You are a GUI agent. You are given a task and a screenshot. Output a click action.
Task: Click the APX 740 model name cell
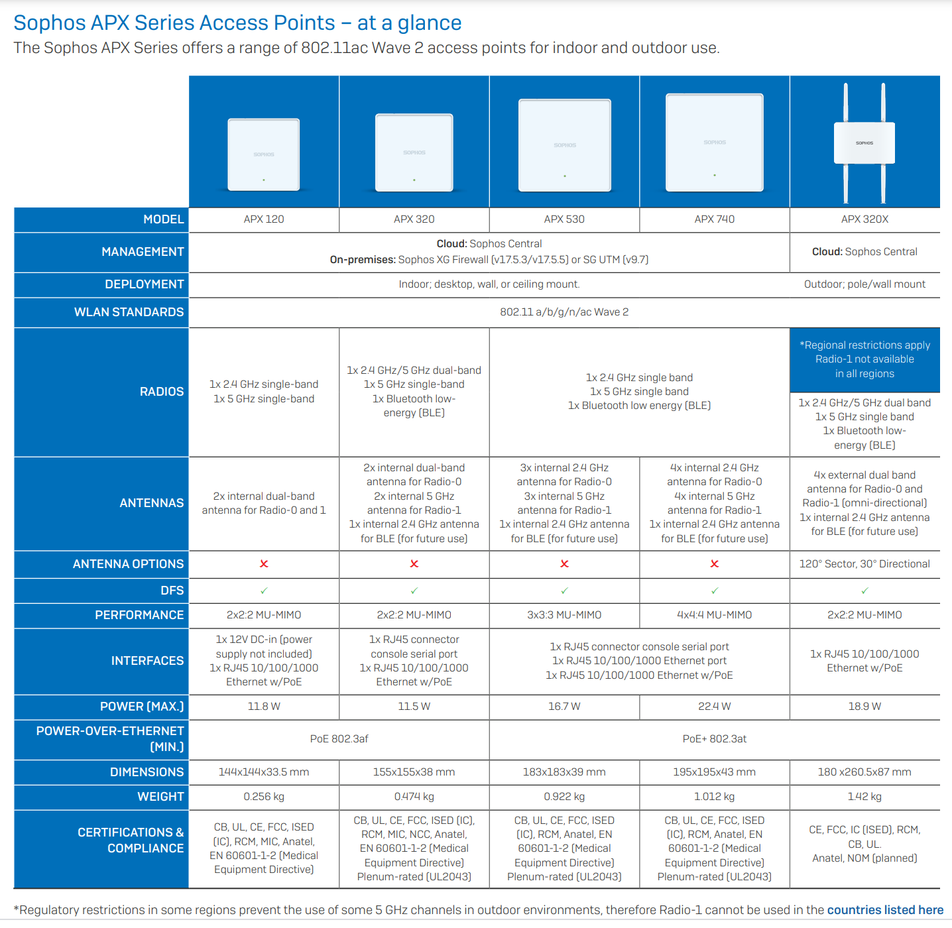point(714,219)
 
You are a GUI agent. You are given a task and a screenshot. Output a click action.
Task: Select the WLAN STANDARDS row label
point(129,312)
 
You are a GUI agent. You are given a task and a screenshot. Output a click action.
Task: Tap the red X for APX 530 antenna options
point(564,563)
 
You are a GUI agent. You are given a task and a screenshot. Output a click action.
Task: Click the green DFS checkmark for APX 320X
point(864,591)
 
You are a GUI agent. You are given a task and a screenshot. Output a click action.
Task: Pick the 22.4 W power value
point(714,707)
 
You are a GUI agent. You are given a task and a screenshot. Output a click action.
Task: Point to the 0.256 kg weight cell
point(264,796)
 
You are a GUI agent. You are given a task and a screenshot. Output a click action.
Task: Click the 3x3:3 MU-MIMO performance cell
point(564,615)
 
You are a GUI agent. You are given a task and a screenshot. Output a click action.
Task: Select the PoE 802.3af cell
point(339,738)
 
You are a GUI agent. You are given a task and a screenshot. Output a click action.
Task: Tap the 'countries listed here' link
point(885,910)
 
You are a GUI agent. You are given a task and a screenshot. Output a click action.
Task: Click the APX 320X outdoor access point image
point(864,143)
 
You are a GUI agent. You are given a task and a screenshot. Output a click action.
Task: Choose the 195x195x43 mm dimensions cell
point(714,772)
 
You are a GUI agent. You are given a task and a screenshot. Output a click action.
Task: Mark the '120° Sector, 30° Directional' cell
point(864,563)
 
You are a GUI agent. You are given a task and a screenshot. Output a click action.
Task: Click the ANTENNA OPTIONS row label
point(128,564)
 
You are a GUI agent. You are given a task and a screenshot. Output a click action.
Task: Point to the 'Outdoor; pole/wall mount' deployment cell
point(864,284)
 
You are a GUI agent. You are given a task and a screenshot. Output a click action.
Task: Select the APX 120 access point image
point(264,154)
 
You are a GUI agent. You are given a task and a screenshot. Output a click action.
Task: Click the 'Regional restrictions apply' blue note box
point(864,359)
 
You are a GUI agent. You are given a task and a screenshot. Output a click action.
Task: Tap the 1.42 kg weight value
point(864,796)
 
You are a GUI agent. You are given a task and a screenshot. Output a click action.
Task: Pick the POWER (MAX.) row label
point(142,707)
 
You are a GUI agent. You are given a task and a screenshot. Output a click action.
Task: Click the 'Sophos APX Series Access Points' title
point(174,23)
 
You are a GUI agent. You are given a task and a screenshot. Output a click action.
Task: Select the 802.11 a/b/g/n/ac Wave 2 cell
point(564,312)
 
